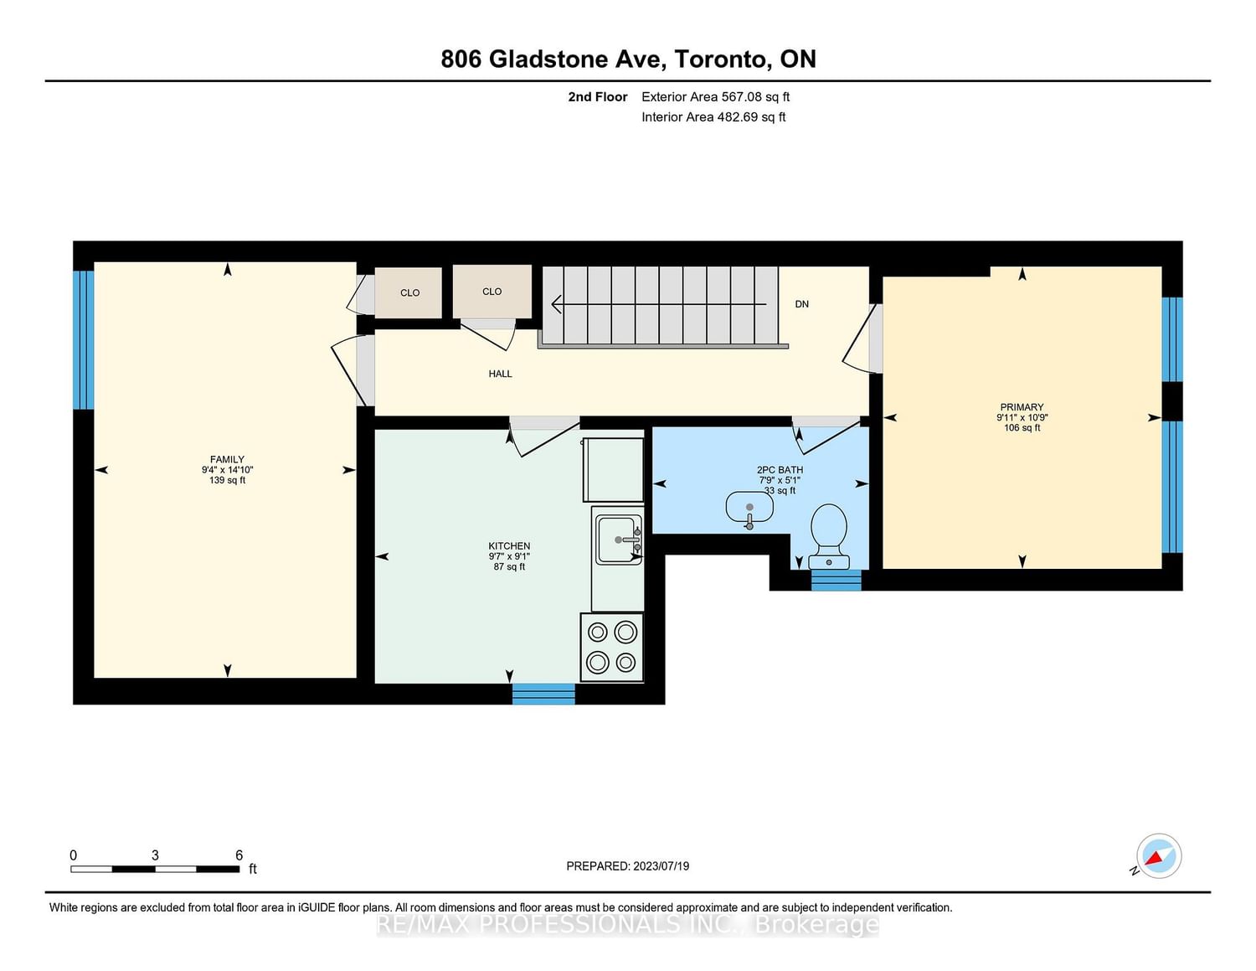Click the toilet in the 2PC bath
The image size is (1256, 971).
coord(829,536)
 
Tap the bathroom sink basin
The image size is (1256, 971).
coord(749,507)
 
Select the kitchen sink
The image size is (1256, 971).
coord(620,540)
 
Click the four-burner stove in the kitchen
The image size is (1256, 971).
coord(611,647)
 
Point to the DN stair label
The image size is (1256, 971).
coord(801,304)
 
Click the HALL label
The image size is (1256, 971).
coord(500,374)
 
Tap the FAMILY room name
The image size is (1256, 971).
coord(227,459)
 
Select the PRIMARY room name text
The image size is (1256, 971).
coord(1022,407)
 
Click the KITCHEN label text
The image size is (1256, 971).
coord(509,546)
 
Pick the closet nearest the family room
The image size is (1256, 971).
coord(409,292)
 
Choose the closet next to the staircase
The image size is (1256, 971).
coord(492,292)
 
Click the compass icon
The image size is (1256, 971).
coord(1158,856)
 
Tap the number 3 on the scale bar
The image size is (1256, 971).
coord(155,855)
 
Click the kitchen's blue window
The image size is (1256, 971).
coord(543,694)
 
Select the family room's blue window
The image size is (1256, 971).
coord(83,339)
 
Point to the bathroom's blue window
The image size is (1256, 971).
coord(836,580)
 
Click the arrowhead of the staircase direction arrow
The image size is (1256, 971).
coord(556,304)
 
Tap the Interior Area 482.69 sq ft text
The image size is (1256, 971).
coord(713,116)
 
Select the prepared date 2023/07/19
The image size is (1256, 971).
coord(661,865)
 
